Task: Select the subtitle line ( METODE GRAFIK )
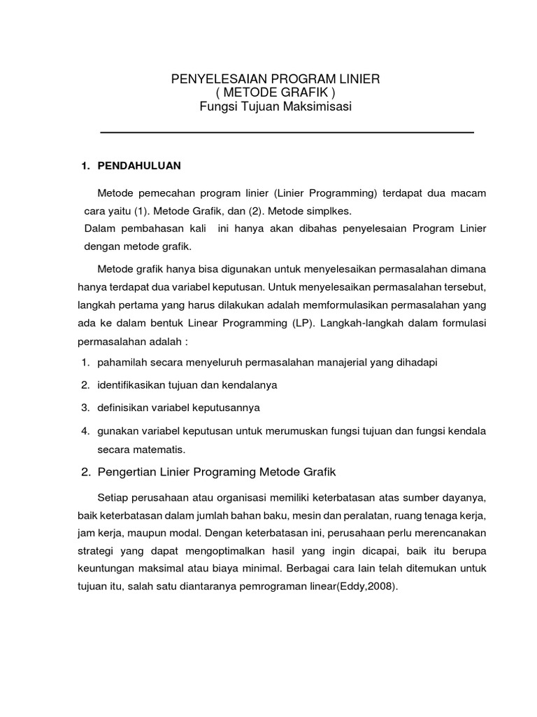point(275,93)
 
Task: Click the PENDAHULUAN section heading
point(138,165)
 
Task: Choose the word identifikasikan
point(135,384)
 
